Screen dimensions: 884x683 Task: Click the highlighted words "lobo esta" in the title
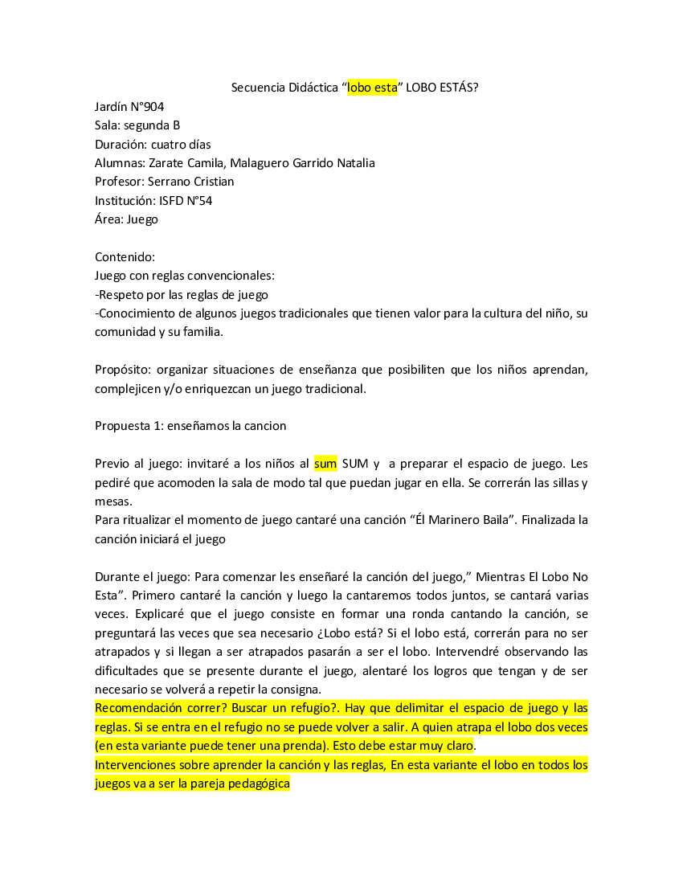[372, 88]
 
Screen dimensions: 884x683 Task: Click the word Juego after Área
[142, 219]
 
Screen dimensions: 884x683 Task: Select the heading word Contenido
[125, 257]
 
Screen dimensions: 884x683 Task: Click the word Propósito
[123, 370]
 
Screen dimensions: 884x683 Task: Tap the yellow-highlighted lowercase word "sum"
[325, 464]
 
